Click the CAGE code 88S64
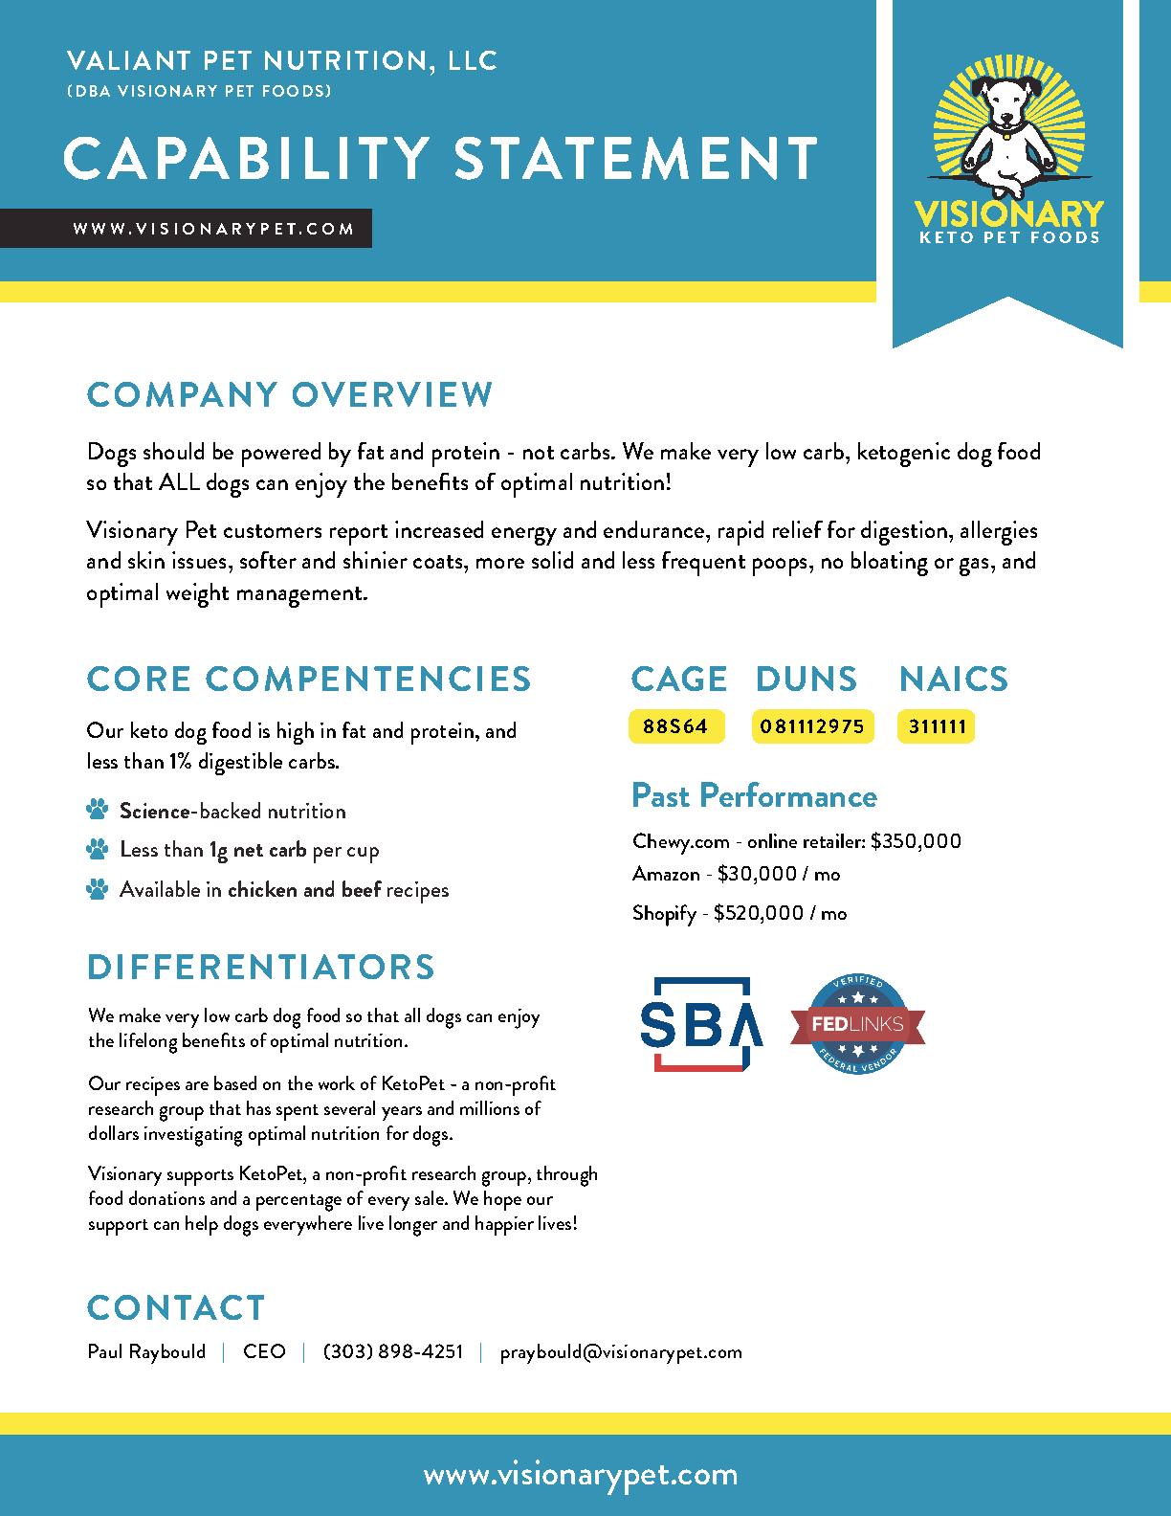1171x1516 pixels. (675, 726)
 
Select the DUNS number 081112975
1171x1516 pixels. (812, 726)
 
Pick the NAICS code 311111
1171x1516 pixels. (937, 726)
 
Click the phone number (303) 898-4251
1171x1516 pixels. (393, 1351)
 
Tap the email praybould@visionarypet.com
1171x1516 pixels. (621, 1351)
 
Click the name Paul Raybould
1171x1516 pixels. (146, 1351)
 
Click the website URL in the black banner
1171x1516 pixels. (213, 229)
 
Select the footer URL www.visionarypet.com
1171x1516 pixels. (581, 1475)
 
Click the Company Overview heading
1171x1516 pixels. (290, 394)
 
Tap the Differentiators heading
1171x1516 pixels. (261, 967)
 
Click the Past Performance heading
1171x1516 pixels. (754, 795)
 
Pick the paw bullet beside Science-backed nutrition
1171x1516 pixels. (98, 812)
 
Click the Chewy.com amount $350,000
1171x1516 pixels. (916, 841)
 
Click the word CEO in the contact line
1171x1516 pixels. (264, 1351)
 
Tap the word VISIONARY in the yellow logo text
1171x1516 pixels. (1008, 212)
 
